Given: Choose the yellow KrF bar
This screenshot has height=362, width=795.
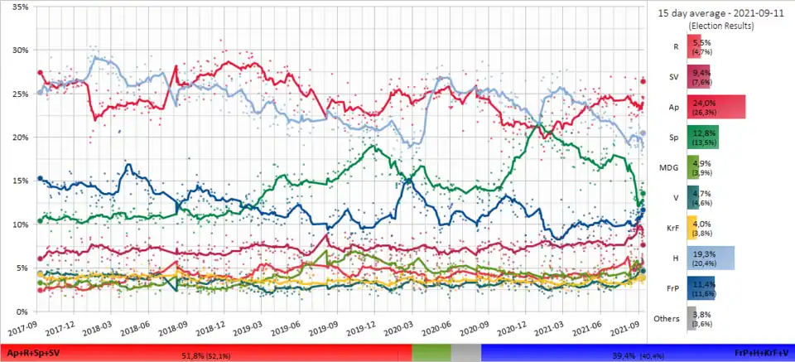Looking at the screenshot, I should (x=693, y=228).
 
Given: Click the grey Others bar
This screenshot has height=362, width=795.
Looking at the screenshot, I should (x=692, y=319).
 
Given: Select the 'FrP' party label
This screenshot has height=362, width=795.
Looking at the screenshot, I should (x=672, y=288).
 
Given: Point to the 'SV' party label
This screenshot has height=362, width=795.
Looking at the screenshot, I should (x=674, y=76).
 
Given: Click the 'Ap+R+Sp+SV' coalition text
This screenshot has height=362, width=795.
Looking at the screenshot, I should (x=31, y=353).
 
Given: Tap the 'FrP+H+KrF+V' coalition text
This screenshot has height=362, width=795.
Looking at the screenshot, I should (x=763, y=353).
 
